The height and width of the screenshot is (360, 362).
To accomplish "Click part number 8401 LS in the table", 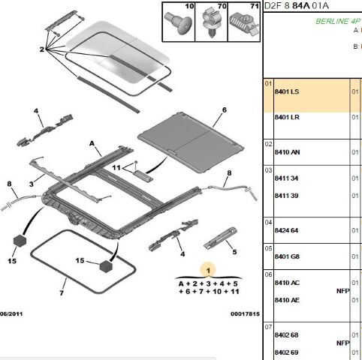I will pyautogui.click(x=286, y=91).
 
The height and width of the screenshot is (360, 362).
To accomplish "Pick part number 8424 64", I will pyautogui.click(x=286, y=229).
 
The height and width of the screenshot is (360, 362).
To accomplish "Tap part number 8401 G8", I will pyautogui.click(x=286, y=257).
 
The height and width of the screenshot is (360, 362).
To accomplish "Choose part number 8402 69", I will pyautogui.click(x=286, y=352).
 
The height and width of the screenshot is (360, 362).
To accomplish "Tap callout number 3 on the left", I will pyautogui.click(x=31, y=182).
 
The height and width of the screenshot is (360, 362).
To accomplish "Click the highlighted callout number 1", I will pyautogui.click(x=208, y=268).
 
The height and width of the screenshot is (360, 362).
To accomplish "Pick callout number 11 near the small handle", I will pyautogui.click(x=116, y=169).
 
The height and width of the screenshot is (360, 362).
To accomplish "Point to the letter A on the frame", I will pyautogui.click(x=92, y=142).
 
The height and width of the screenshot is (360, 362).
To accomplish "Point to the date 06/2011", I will pyautogui.click(x=14, y=314).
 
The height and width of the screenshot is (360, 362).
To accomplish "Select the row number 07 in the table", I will pyautogui.click(x=267, y=328).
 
